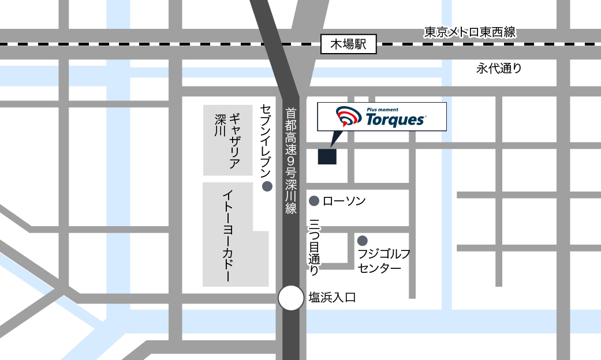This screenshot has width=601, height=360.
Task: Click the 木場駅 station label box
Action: tap(348, 44)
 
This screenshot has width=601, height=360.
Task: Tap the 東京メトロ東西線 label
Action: tap(469, 32)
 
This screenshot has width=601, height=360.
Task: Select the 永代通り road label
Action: tap(499, 68)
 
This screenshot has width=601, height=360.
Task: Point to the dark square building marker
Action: tap(327, 155)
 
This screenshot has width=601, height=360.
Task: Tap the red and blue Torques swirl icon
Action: tap(346, 116)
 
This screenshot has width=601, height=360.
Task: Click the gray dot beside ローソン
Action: tap(314, 201)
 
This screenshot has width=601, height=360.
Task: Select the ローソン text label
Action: tap(344, 201)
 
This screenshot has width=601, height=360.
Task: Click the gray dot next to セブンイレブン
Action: tap(267, 186)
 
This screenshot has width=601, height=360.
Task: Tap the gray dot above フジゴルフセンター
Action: tap(363, 240)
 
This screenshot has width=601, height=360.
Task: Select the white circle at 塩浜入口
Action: tap(291, 298)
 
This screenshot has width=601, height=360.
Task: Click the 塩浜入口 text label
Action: tap(333, 298)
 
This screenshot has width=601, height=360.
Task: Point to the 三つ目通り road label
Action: tap(315, 246)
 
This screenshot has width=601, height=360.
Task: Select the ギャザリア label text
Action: tap(235, 141)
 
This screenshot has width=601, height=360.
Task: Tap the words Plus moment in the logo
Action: tap(382, 109)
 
